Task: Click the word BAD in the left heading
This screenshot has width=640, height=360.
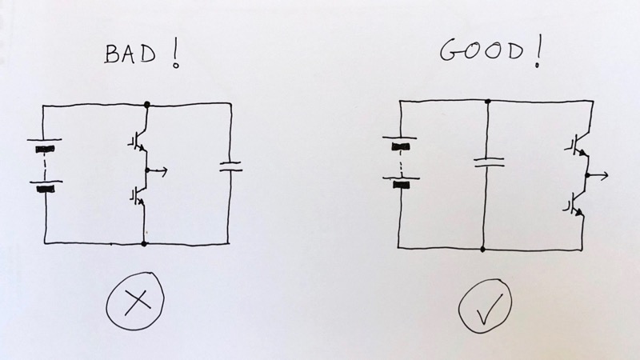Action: [x=130, y=54]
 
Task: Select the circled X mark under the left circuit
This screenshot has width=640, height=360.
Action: [x=136, y=300]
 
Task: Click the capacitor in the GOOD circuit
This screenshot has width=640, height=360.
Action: [x=489, y=162]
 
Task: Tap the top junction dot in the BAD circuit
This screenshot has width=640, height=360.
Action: [x=146, y=104]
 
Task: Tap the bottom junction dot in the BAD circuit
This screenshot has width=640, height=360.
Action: [x=145, y=242]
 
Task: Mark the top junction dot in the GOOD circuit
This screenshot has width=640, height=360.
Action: [x=488, y=101]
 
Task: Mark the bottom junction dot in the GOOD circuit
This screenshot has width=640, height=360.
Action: [x=482, y=249]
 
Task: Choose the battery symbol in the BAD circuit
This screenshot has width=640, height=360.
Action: [x=46, y=168]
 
